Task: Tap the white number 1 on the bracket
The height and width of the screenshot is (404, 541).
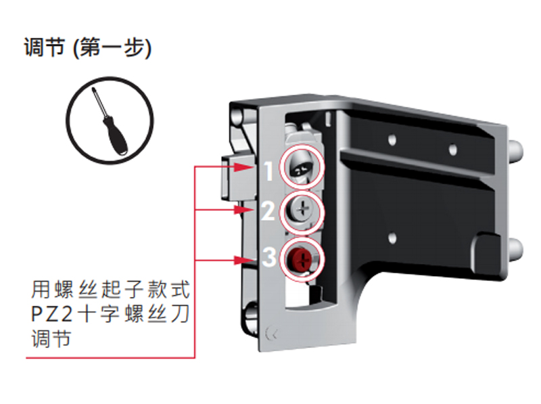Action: pos(267,172)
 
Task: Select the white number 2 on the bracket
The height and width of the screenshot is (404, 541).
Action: pos(268,212)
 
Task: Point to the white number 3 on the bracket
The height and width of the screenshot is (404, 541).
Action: pos(268,257)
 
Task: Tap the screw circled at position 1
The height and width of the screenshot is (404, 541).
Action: pos(302,167)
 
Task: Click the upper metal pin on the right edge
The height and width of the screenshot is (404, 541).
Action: pos(515,150)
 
